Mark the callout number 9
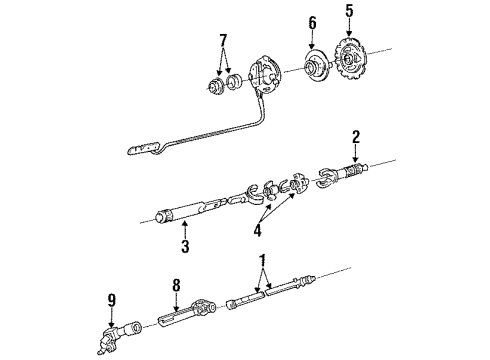pos(112,296)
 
